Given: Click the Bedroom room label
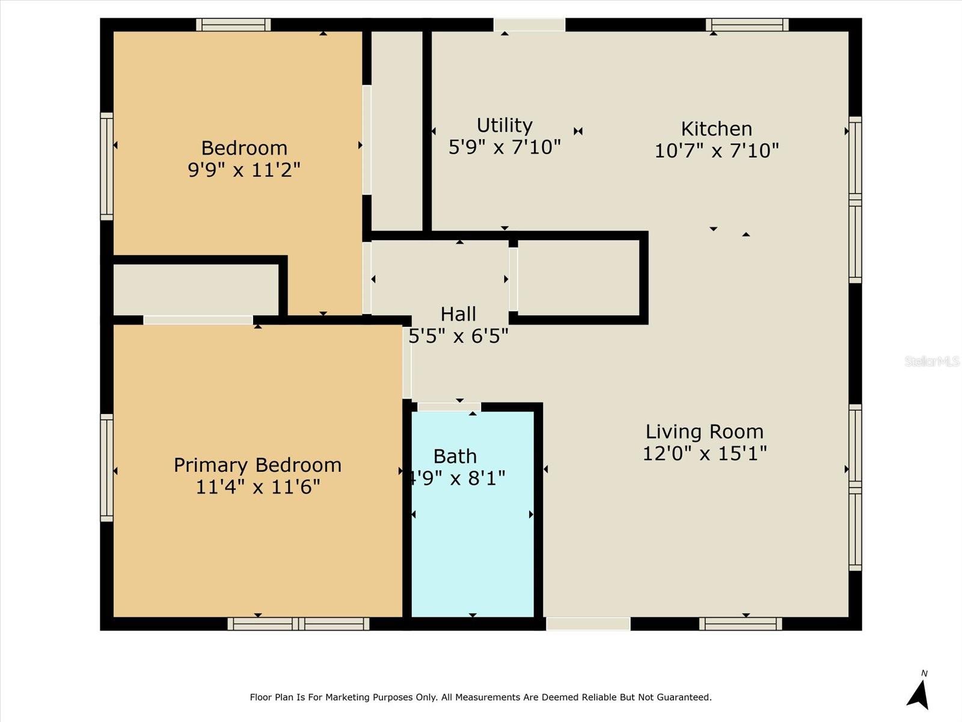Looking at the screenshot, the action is (x=244, y=148).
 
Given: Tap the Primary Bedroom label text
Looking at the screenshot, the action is (x=258, y=466).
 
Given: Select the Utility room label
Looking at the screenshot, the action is (x=504, y=125).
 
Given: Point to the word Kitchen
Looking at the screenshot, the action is (x=717, y=129).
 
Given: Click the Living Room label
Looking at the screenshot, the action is (x=704, y=432).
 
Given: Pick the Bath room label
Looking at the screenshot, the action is (x=455, y=457).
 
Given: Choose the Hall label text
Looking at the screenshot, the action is (x=458, y=314).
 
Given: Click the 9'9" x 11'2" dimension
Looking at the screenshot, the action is (x=244, y=169).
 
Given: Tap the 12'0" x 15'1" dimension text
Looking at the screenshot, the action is (x=705, y=453).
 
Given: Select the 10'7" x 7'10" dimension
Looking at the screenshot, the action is (x=717, y=151).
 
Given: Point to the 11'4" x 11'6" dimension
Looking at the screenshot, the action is (x=258, y=487).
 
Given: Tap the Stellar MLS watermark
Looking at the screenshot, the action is (x=932, y=361).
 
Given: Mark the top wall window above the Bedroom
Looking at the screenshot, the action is (x=233, y=25).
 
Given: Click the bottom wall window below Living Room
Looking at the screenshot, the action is (x=741, y=624).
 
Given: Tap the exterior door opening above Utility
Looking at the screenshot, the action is (x=530, y=25).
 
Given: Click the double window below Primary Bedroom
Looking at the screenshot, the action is (x=298, y=624).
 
